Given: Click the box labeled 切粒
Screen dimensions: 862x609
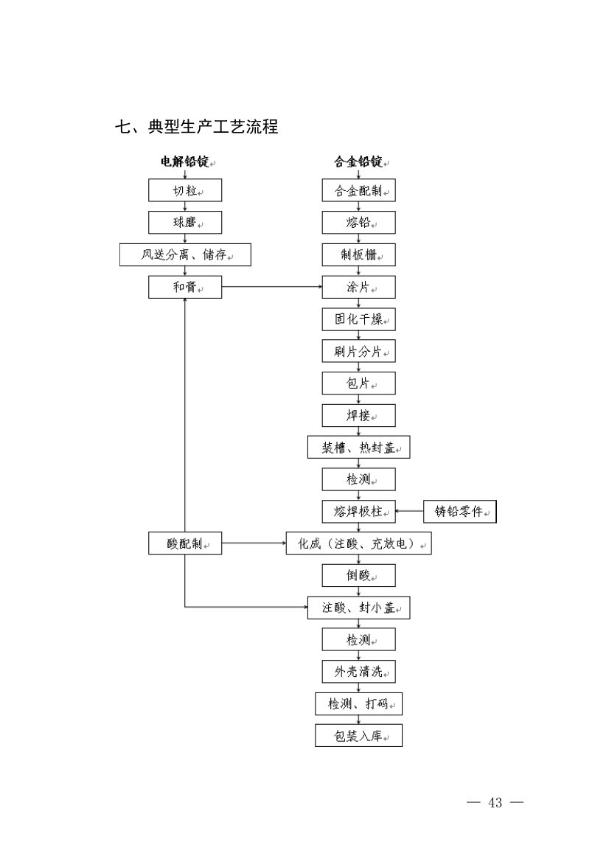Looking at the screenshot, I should point(185,190).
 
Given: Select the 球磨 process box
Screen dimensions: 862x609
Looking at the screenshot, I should point(185,223).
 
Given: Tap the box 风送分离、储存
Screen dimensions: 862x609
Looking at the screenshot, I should point(185,254).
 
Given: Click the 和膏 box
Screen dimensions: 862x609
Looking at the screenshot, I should point(185,287).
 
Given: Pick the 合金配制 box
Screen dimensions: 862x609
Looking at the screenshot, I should point(359,190).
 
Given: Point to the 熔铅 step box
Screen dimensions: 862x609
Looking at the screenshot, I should point(359,223).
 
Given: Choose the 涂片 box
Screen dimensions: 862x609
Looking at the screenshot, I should point(359,287).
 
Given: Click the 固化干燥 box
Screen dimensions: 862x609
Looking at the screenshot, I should point(359,319).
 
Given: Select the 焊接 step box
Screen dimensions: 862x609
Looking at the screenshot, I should point(359,415).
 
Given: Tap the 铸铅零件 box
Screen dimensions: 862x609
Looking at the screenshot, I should point(460,511).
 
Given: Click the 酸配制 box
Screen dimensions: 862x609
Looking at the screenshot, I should point(185,544).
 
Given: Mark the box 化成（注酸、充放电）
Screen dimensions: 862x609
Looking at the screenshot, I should point(359,544).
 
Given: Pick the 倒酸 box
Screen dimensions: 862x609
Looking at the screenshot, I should point(359,575).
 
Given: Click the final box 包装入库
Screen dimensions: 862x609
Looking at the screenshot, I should point(359,735).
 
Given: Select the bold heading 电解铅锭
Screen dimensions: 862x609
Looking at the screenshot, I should point(185,161).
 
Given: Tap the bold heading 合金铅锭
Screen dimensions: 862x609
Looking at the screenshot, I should point(359,161).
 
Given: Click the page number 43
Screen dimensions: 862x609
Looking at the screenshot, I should point(495,802).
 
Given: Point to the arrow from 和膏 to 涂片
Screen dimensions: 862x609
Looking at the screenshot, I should point(272,287).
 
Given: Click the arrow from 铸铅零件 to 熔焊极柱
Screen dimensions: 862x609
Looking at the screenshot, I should point(410,511).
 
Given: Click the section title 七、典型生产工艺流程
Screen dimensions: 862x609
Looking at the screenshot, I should point(197,127).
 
